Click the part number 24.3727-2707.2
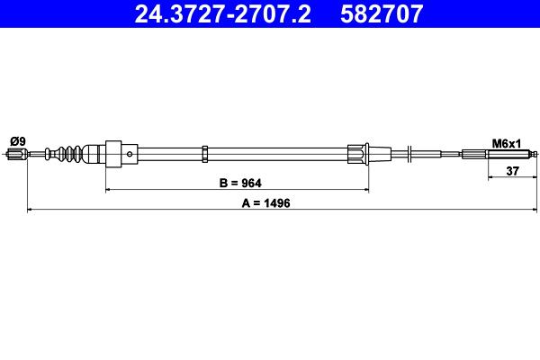pos(223,13)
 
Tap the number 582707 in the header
pos(382,13)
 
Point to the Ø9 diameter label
pos(18,141)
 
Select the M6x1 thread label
pos(506,144)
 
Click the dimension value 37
pos(512,170)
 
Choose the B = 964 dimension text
pos(240,183)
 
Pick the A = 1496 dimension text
pos(265,203)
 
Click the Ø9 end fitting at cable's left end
pos(17,154)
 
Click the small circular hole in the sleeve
pos(130,154)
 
